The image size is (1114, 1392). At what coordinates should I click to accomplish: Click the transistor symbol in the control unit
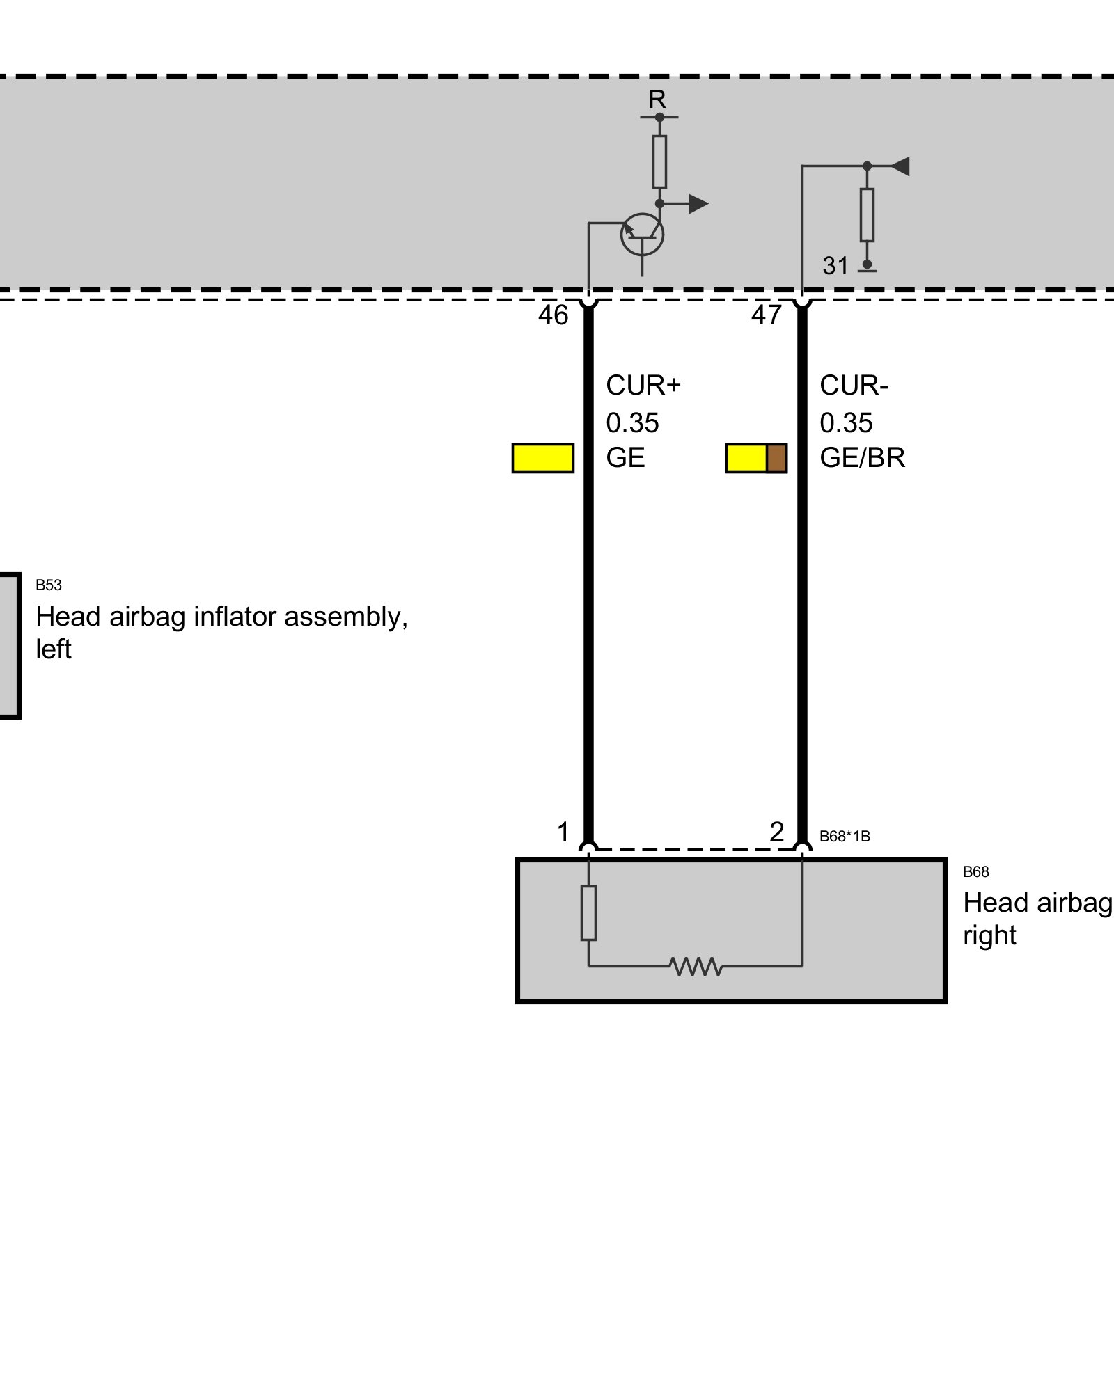pos(642,235)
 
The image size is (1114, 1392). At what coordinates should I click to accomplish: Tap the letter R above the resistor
pos(657,100)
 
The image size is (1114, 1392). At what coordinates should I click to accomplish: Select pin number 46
pos(553,315)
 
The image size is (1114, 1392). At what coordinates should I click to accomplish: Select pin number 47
pos(766,315)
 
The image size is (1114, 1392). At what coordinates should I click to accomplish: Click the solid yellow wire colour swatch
pos(543,458)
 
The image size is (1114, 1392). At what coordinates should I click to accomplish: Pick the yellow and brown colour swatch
pos(756,458)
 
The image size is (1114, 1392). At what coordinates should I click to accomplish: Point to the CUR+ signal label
pos(643,385)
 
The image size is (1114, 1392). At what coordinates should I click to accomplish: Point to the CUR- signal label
pos(854,385)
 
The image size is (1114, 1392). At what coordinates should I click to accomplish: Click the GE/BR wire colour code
pos(862,457)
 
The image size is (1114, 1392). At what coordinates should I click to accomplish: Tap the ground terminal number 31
pos(835,265)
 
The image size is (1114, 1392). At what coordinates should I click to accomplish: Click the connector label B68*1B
pos(845,836)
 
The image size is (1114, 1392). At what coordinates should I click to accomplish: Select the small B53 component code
pos(49,585)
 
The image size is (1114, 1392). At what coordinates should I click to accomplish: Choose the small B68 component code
pos(975,871)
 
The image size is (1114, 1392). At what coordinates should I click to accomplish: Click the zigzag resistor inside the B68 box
pos(696,966)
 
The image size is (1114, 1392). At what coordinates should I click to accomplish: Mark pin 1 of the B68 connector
pos(563,832)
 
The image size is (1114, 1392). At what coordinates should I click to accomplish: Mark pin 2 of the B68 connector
pos(777,832)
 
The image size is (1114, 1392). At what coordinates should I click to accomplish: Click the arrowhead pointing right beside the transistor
pos(698,204)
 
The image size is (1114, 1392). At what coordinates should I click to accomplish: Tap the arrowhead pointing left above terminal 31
pos(900,166)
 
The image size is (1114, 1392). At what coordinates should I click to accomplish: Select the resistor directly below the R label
pos(659,161)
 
